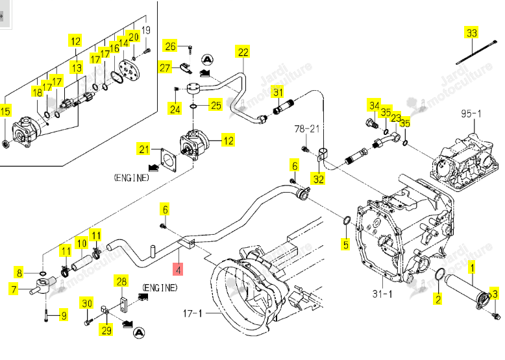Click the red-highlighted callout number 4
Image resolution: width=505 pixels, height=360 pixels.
pos(178,269)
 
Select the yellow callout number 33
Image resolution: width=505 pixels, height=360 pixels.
pos(471,33)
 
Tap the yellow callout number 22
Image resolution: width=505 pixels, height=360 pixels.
pos(243,52)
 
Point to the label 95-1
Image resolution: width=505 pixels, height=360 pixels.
pos(471,114)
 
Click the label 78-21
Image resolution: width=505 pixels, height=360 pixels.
pos(306,128)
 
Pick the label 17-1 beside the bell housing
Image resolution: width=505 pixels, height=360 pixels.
pos(192,313)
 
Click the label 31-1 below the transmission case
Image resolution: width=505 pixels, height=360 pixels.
pos(382,293)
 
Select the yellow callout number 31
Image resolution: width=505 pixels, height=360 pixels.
pos(278,92)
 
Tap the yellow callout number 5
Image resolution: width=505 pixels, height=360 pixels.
pos(345,244)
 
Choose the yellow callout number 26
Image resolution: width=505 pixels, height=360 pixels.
pos(170,46)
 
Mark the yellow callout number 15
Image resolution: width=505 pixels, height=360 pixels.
pos(5,112)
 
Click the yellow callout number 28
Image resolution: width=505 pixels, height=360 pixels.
pos(121,281)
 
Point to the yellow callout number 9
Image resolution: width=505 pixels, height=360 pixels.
pos(64,315)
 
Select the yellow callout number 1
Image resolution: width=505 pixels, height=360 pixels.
pos(473,267)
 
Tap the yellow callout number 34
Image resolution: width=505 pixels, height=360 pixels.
pos(374,105)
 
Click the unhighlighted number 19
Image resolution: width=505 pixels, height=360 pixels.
pos(146,30)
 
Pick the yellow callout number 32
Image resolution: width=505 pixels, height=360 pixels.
pos(319,178)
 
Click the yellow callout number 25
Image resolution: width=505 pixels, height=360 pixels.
pos(216,105)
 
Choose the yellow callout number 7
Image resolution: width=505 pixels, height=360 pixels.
pos(14,289)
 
